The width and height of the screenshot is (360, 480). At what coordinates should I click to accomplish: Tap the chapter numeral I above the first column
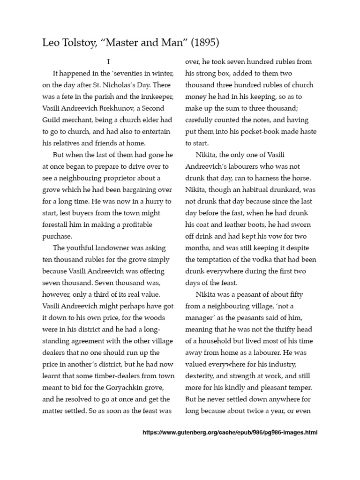(x=108, y=61)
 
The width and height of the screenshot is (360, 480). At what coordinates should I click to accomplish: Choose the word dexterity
(x=201, y=376)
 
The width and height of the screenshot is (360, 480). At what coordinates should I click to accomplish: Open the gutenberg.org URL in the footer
(x=230, y=433)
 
